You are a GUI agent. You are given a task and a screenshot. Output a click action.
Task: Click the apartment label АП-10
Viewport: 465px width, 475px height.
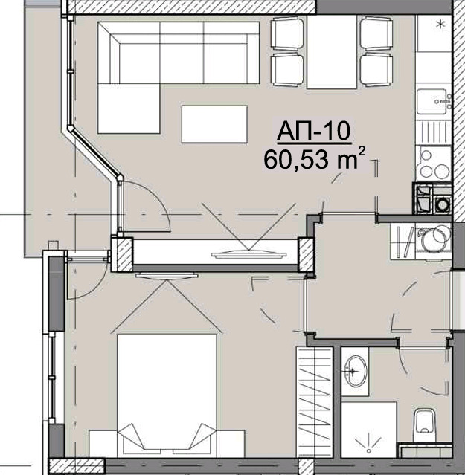coord(313,132)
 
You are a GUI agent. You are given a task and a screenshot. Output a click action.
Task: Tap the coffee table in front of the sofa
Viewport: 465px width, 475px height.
coord(214,124)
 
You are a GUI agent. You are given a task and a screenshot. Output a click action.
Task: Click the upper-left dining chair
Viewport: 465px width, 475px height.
coord(286,33)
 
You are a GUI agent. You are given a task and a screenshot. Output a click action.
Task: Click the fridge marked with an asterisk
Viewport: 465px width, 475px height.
coord(435,33)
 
